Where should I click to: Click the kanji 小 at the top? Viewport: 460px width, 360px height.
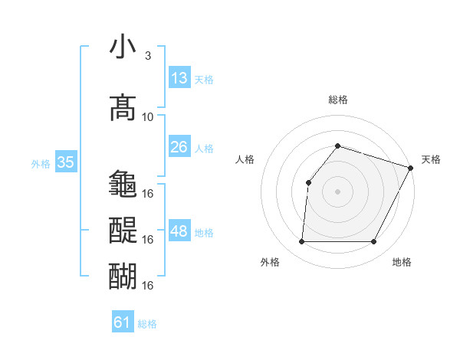[x=123, y=47]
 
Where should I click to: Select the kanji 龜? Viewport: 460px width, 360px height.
[x=123, y=184]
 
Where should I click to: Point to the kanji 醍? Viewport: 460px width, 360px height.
[x=123, y=230]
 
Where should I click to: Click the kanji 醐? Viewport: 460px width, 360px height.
[x=123, y=276]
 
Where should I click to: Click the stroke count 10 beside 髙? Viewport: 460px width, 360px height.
[x=148, y=117]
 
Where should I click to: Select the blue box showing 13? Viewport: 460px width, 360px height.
[x=179, y=77]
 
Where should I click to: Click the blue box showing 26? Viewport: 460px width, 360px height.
[x=179, y=146]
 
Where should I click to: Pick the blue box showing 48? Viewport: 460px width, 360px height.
[x=180, y=231]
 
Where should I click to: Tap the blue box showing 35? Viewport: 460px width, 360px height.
[x=65, y=162]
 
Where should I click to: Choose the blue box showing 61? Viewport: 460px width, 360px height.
[x=123, y=322]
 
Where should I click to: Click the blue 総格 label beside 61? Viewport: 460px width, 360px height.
[x=147, y=324]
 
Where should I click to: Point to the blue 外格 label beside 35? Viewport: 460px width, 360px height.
[x=40, y=163]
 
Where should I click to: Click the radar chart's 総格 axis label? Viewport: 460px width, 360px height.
[x=337, y=100]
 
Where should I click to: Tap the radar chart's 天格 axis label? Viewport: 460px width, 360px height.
[x=431, y=159]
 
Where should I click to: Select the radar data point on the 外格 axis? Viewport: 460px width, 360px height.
[x=301, y=242]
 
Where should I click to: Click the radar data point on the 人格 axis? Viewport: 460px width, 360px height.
[x=308, y=182]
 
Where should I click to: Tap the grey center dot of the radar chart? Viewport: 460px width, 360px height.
[x=337, y=191]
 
